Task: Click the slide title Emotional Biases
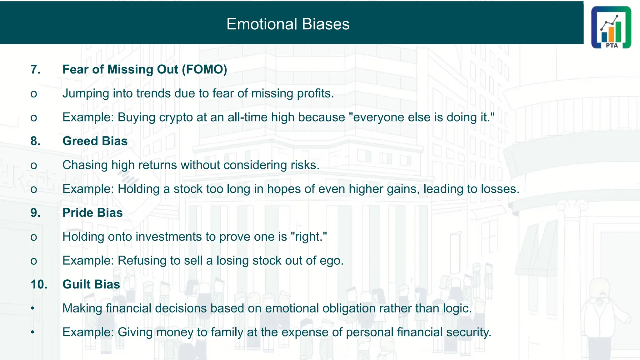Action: [287, 24]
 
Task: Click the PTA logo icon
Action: [611, 27]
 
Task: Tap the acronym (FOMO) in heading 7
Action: [204, 69]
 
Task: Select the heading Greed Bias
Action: [95, 141]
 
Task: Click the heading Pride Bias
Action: [92, 212]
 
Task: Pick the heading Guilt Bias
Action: [91, 284]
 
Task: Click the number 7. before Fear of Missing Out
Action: [35, 69]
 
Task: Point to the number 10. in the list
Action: [39, 284]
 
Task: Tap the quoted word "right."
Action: [309, 237]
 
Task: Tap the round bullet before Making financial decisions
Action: [32, 308]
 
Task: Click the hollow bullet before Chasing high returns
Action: [34, 166]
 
